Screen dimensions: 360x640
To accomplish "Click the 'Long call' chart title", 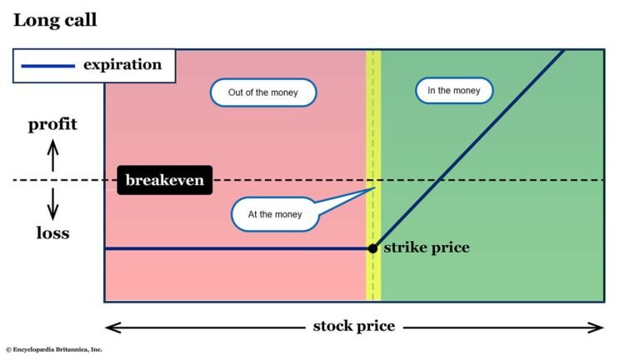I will tap(55, 19).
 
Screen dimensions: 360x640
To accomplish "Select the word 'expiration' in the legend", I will tap(122, 64).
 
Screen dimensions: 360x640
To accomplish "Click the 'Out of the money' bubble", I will tap(262, 92).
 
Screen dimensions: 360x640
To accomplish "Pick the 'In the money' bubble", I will tap(453, 90).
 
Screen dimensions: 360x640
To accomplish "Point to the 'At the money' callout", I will tap(275, 214).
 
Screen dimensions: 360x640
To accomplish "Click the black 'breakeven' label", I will tap(164, 180).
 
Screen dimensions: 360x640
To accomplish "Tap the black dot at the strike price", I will tap(373, 248).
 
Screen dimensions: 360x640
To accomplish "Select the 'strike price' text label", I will tap(426, 247).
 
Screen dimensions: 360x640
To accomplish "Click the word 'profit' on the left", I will tap(52, 125).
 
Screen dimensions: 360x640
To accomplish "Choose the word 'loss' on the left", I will tap(52, 232).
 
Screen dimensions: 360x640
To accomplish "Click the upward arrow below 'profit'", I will tap(52, 155).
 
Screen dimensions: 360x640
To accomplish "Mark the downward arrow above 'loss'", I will tap(52, 202).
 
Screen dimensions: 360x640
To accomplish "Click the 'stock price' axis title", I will tap(354, 325).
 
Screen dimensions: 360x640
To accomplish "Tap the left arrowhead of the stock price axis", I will tap(110, 327).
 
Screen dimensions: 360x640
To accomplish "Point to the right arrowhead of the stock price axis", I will tap(597, 327).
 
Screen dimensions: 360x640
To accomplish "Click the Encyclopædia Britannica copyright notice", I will tap(54, 350).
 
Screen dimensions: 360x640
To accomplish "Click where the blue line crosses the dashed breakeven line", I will tap(439, 180).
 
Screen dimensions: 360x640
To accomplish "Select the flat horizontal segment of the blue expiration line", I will tap(233, 248).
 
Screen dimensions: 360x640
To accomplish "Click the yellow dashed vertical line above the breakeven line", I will tap(374, 108).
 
